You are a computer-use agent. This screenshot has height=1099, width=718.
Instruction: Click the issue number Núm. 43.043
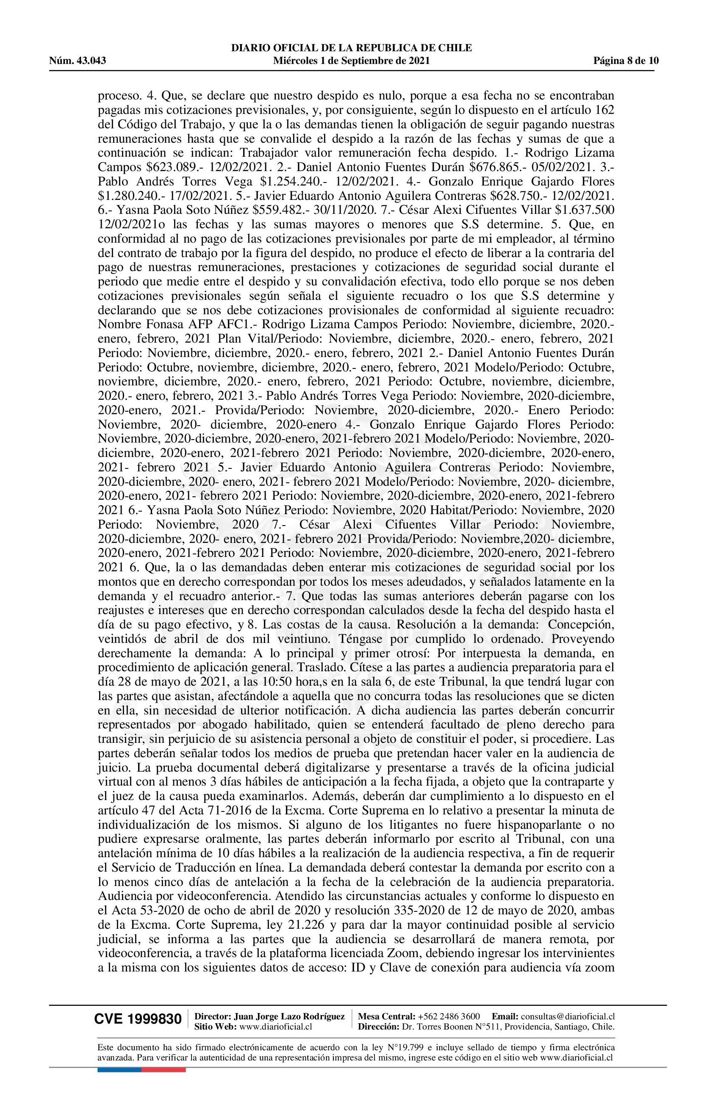point(78,61)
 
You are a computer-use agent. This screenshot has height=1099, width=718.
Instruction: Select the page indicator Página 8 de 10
point(626,61)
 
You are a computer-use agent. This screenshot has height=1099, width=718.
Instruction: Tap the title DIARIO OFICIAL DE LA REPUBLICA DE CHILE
point(352,48)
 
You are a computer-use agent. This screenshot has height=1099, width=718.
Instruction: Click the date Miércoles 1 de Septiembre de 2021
point(352,61)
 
